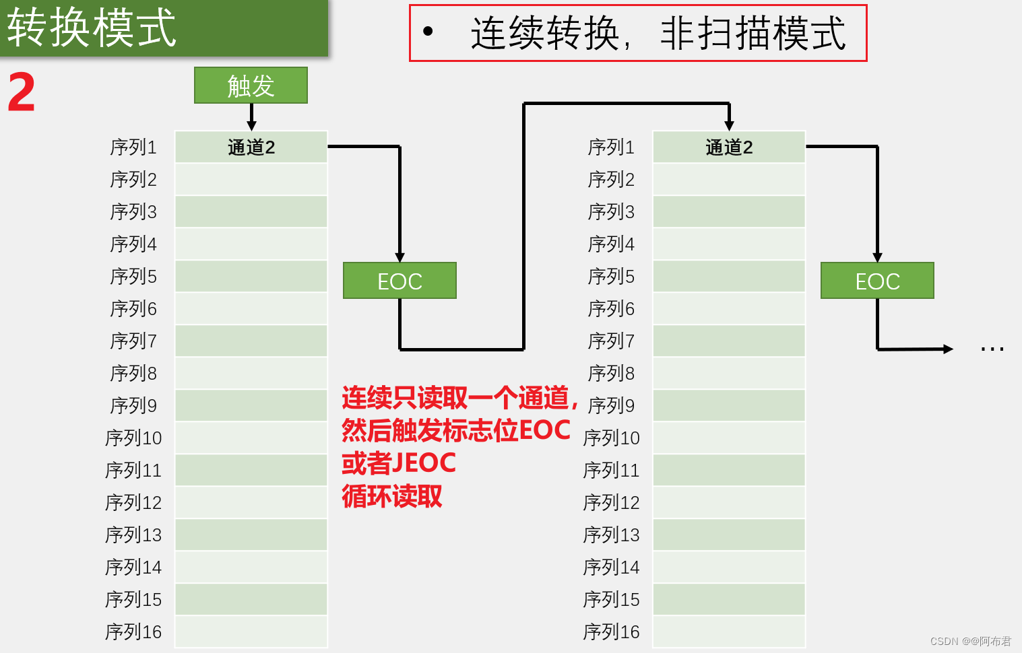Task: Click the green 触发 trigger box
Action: tap(251, 85)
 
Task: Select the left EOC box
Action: tap(400, 281)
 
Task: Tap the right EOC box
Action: tap(877, 281)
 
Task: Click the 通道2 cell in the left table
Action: tap(251, 147)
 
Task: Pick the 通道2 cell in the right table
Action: tap(729, 147)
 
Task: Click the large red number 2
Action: tap(22, 93)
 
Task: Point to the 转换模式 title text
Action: tap(92, 28)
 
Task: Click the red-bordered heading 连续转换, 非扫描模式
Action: tap(657, 33)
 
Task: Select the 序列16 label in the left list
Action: tap(133, 631)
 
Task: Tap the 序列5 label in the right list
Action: tap(611, 276)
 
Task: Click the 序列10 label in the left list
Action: tap(133, 438)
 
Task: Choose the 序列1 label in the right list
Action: tap(611, 147)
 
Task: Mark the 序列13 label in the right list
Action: tap(611, 535)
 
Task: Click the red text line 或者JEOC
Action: tap(399, 463)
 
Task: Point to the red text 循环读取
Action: tap(392, 496)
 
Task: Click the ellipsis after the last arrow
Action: tap(992, 349)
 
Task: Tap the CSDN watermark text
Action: tap(970, 641)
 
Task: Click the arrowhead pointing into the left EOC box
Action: tap(400, 257)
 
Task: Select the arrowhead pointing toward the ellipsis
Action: tap(949, 349)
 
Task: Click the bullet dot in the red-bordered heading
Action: tap(428, 31)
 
